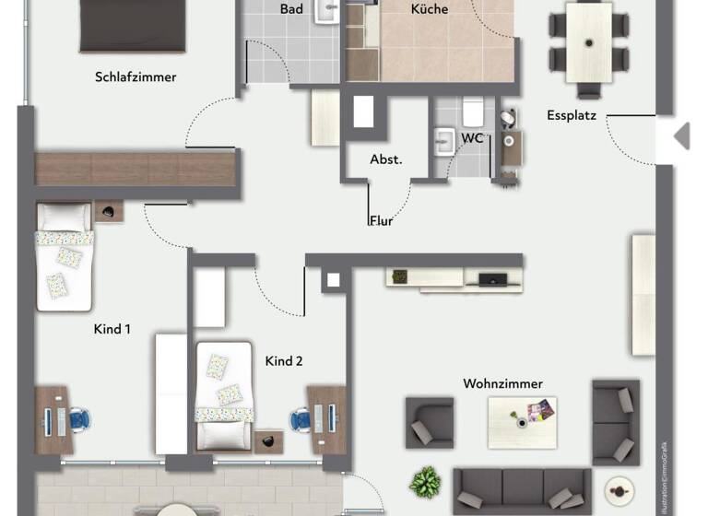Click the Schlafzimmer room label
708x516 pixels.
tap(136, 77)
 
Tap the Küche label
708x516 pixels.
tap(429, 9)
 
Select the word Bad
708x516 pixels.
tap(291, 9)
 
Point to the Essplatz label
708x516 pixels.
tap(572, 116)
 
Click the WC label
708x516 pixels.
tap(473, 138)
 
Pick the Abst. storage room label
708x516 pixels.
tap(386, 159)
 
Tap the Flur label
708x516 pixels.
tap(382, 221)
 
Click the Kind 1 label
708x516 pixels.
tap(112, 329)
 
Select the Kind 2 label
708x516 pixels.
tap(284, 361)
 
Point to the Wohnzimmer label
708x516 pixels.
tap(503, 383)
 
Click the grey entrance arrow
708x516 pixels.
tap(681, 136)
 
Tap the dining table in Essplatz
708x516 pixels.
tap(588, 41)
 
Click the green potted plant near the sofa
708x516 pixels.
tap(425, 481)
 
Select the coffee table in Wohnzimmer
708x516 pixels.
tap(522, 422)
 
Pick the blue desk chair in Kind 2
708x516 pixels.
tap(300, 420)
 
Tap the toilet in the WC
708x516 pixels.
tap(472, 113)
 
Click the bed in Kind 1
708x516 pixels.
tap(65, 257)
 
